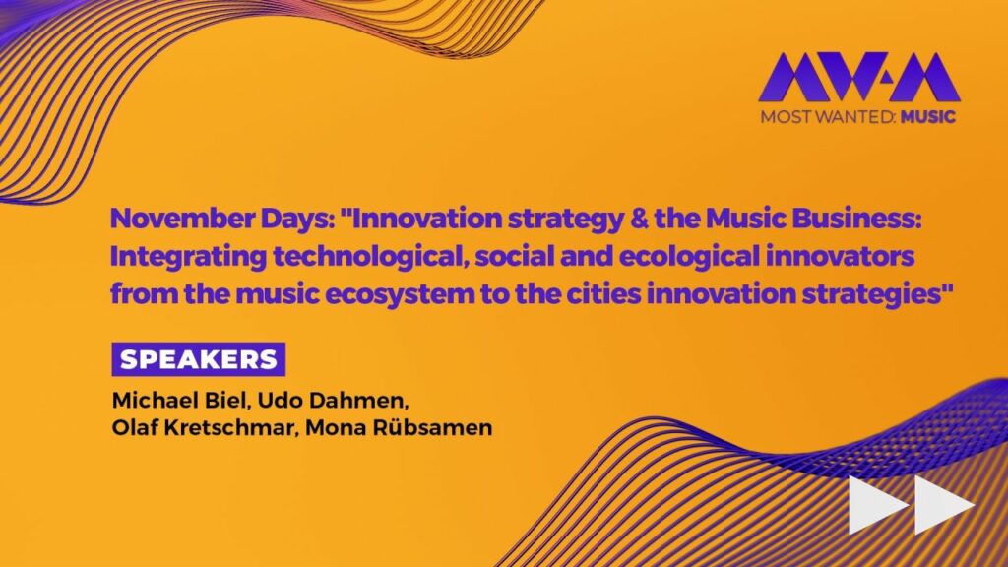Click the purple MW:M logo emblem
coord(858,77)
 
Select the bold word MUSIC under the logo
coord(927,117)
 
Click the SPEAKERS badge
coord(199,359)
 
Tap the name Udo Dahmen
coord(331,400)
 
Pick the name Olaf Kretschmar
coord(202,427)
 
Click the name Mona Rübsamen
coord(399,427)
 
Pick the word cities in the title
coord(603,293)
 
